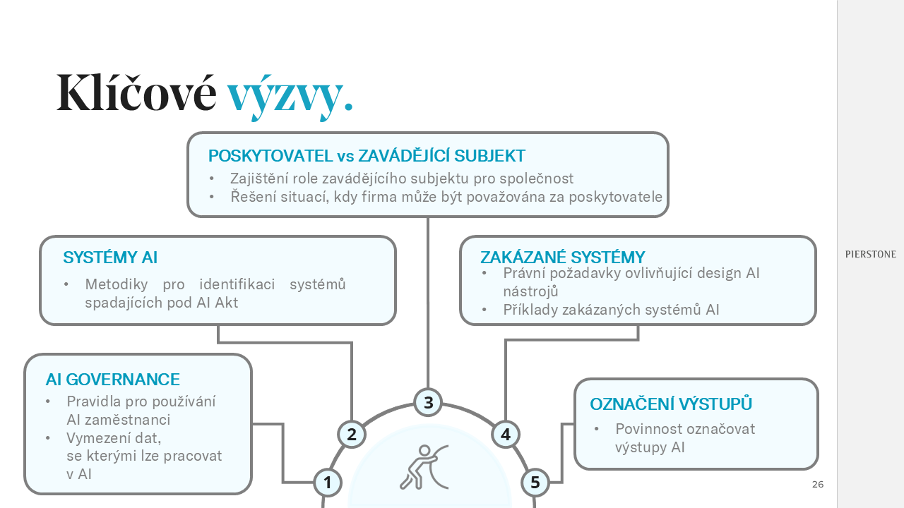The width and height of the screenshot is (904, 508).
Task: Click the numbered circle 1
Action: click(x=328, y=482)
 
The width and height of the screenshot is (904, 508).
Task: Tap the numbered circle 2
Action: click(x=352, y=434)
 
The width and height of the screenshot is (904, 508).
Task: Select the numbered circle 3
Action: click(x=428, y=402)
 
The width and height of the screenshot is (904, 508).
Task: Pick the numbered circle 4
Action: click(x=506, y=434)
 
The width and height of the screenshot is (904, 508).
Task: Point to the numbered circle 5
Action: click(x=535, y=482)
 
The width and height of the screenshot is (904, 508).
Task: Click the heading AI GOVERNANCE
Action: click(x=112, y=380)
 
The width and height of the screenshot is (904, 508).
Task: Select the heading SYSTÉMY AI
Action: click(x=110, y=258)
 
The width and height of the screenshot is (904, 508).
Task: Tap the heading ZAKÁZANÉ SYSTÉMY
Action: click(x=563, y=257)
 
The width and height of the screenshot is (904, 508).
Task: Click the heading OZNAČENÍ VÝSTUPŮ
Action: click(x=671, y=404)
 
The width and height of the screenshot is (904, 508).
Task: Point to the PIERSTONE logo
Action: click(x=871, y=255)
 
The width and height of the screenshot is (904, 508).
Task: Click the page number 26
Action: click(x=818, y=484)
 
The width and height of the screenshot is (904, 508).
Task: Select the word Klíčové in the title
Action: click(x=136, y=92)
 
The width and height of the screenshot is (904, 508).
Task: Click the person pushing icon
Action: click(x=424, y=467)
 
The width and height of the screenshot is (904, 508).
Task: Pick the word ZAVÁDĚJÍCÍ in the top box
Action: click(x=404, y=156)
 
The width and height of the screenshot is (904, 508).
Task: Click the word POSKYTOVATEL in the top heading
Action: click(x=270, y=156)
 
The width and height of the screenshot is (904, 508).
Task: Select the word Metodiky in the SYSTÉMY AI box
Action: click(x=117, y=284)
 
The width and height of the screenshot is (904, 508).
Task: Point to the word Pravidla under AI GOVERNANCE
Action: click(x=94, y=401)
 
